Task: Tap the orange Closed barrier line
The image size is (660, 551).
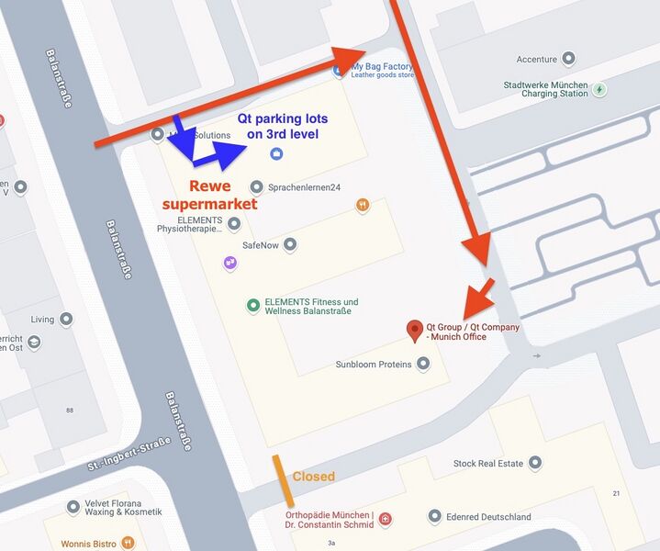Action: pyautogui.click(x=283, y=480)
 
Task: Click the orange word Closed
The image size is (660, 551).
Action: pyautogui.click(x=313, y=477)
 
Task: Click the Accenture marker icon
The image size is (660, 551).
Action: pyautogui.click(x=569, y=59)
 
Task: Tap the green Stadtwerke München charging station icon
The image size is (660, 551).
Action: pyautogui.click(x=599, y=89)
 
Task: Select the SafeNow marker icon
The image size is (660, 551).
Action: pyautogui.click(x=290, y=244)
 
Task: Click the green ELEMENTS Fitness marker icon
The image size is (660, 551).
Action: pyautogui.click(x=253, y=306)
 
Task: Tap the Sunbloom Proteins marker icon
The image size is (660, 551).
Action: pyautogui.click(x=423, y=364)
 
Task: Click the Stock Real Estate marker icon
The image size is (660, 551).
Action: pyautogui.click(x=535, y=463)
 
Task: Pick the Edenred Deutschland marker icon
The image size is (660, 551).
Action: pyautogui.click(x=435, y=516)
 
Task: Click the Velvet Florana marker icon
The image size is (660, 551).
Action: pyautogui.click(x=73, y=506)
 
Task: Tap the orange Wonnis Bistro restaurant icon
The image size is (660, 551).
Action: pyautogui.click(x=129, y=544)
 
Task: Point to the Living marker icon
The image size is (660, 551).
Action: pyautogui.click(x=68, y=320)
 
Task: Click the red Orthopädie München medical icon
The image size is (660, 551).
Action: pyautogui.click(x=386, y=519)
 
